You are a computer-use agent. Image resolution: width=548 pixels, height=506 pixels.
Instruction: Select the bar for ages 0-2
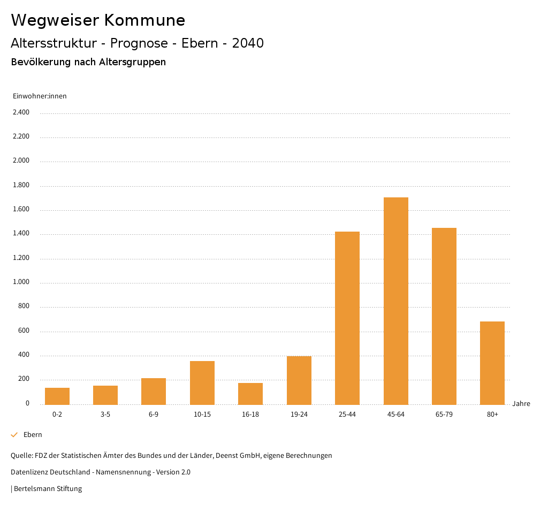(x=57, y=396)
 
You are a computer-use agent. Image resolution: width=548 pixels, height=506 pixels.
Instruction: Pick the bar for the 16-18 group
(x=250, y=394)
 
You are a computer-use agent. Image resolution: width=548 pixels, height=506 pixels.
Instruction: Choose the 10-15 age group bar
(x=202, y=382)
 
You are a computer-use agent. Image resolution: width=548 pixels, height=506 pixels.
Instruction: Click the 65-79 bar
(x=444, y=316)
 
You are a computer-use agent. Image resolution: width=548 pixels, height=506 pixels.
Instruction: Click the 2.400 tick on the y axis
(x=21, y=112)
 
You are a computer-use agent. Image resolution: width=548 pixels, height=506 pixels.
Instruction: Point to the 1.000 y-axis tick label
(x=21, y=282)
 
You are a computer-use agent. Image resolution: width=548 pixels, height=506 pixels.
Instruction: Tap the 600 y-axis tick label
(x=24, y=331)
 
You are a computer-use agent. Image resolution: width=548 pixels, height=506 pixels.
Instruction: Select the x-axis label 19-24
(x=299, y=415)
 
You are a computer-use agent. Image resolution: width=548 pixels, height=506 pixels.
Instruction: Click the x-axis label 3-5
(x=105, y=415)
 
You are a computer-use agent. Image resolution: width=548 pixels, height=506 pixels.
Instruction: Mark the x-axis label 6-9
(x=154, y=415)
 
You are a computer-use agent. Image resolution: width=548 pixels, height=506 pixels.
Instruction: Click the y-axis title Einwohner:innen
(x=40, y=96)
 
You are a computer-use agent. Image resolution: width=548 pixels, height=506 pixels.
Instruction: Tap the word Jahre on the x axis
(x=521, y=404)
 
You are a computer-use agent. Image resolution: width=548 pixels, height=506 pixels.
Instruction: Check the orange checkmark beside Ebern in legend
(x=14, y=435)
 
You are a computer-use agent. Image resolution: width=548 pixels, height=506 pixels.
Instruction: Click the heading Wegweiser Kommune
(x=98, y=20)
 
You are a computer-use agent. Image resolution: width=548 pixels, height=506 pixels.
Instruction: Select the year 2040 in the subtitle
(x=248, y=43)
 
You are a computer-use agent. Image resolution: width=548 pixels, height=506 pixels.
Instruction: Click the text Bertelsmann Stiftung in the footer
(x=48, y=489)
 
